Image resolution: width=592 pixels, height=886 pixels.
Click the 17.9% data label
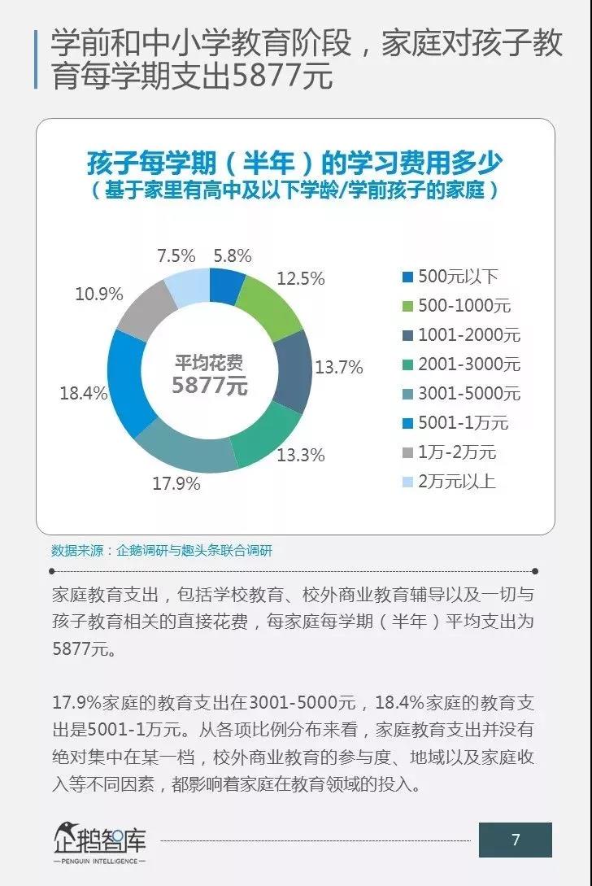[176, 484]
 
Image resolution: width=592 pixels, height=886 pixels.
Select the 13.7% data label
[338, 367]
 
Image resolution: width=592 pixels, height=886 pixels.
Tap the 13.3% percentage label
[301, 455]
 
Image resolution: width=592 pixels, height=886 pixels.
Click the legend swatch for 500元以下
[407, 277]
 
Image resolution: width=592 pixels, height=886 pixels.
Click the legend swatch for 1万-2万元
[407, 452]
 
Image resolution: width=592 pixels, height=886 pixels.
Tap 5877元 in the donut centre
[210, 385]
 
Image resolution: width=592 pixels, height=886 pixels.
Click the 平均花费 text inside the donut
[210, 361]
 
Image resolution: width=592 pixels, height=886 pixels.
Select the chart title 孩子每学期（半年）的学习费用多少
[295, 164]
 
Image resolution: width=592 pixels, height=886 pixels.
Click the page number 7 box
[515, 840]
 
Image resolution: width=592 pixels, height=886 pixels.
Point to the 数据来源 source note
[162, 550]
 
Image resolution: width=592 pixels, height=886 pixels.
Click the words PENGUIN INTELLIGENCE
[98, 861]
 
